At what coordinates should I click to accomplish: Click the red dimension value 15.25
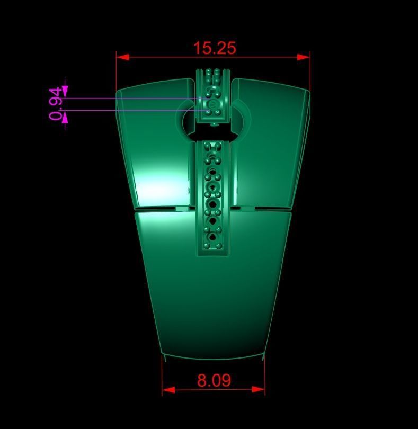pyautogui.click(x=215, y=48)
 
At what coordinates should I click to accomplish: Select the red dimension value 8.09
pyautogui.click(x=214, y=380)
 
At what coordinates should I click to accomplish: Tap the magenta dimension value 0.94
pyautogui.click(x=56, y=104)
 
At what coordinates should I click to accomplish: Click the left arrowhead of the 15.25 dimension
pyautogui.click(x=122, y=57)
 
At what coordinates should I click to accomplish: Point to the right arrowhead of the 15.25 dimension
pyautogui.click(x=304, y=57)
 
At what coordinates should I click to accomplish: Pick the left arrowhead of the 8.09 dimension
pyautogui.click(x=168, y=389)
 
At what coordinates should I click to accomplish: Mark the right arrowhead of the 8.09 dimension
pyautogui.click(x=258, y=389)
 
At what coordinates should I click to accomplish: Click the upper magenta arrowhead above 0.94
pyautogui.click(x=65, y=91)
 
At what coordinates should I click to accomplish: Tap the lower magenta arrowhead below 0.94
pyautogui.click(x=65, y=117)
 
